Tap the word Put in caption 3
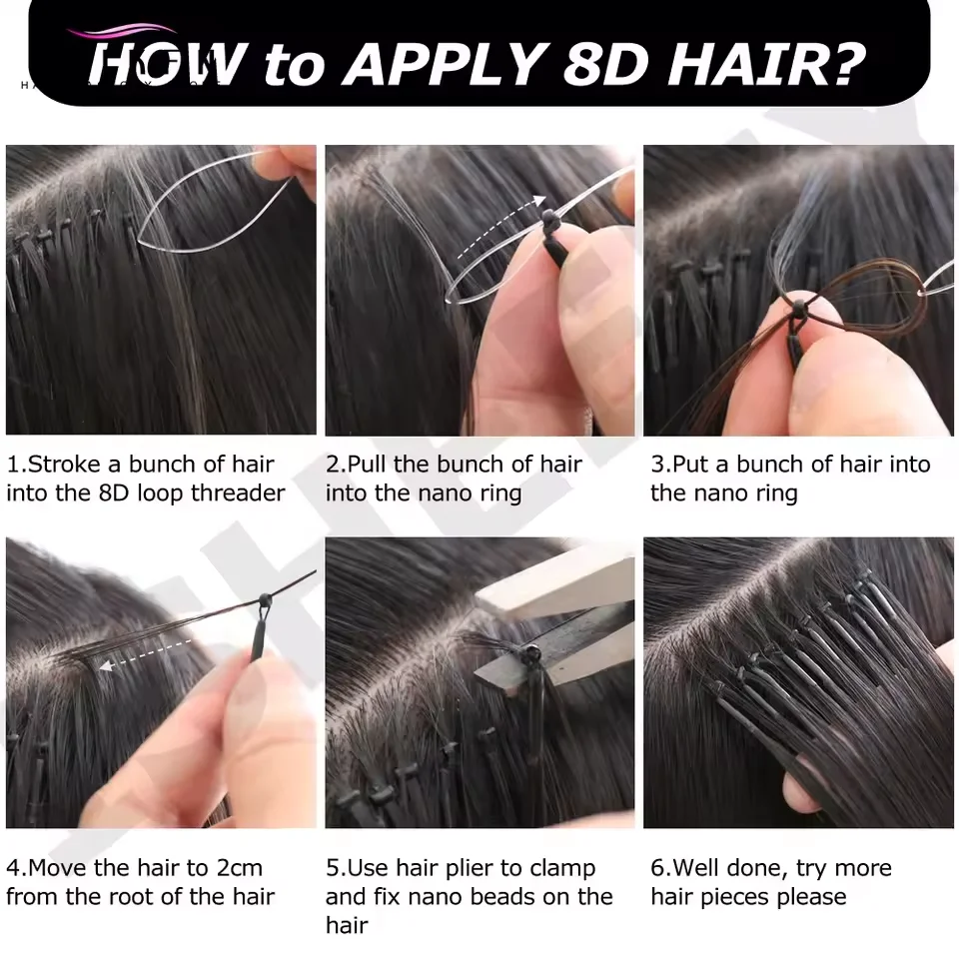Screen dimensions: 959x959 point(690,465)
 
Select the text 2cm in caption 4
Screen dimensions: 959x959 point(235,868)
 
